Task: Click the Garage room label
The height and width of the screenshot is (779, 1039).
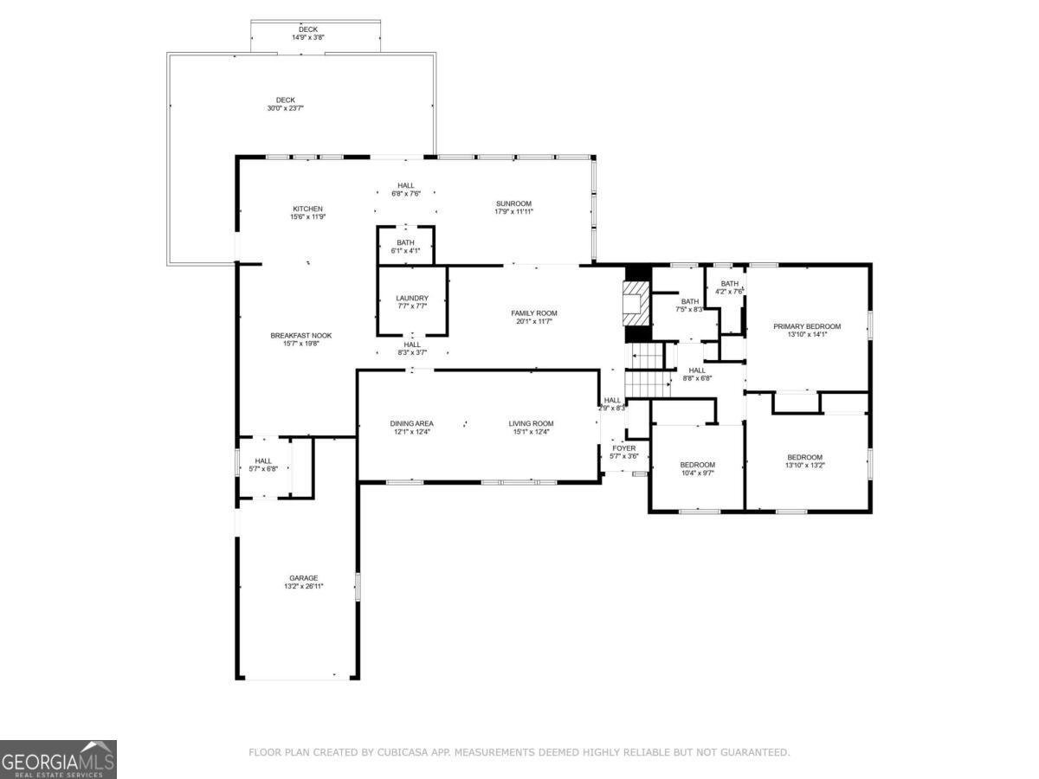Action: pos(303,578)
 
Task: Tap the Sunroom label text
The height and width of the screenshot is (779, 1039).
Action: pos(513,203)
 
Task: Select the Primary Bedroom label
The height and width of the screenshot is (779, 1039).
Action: pos(806,326)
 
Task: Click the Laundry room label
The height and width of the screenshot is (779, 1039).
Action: pos(411,299)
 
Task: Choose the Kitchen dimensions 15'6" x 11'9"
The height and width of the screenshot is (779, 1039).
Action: pos(307,217)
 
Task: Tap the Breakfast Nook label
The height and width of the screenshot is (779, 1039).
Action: pos(300,336)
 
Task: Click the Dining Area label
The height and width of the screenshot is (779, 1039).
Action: pos(411,423)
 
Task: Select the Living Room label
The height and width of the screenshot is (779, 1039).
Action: pos(530,423)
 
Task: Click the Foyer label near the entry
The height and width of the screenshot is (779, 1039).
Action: pos(623,448)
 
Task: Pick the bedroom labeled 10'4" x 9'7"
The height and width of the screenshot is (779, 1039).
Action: pos(697,469)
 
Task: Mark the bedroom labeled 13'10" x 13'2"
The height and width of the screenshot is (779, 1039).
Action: pos(804,462)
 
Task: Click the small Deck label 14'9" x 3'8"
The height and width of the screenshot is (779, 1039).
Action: pos(308,34)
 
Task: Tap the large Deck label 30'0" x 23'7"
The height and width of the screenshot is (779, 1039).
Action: pos(285,104)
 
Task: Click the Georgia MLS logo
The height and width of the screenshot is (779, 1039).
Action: pos(58,759)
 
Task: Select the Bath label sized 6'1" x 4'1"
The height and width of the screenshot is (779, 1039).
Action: pos(405,247)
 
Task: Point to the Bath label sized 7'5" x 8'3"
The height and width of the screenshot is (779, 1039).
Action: pos(689,305)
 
